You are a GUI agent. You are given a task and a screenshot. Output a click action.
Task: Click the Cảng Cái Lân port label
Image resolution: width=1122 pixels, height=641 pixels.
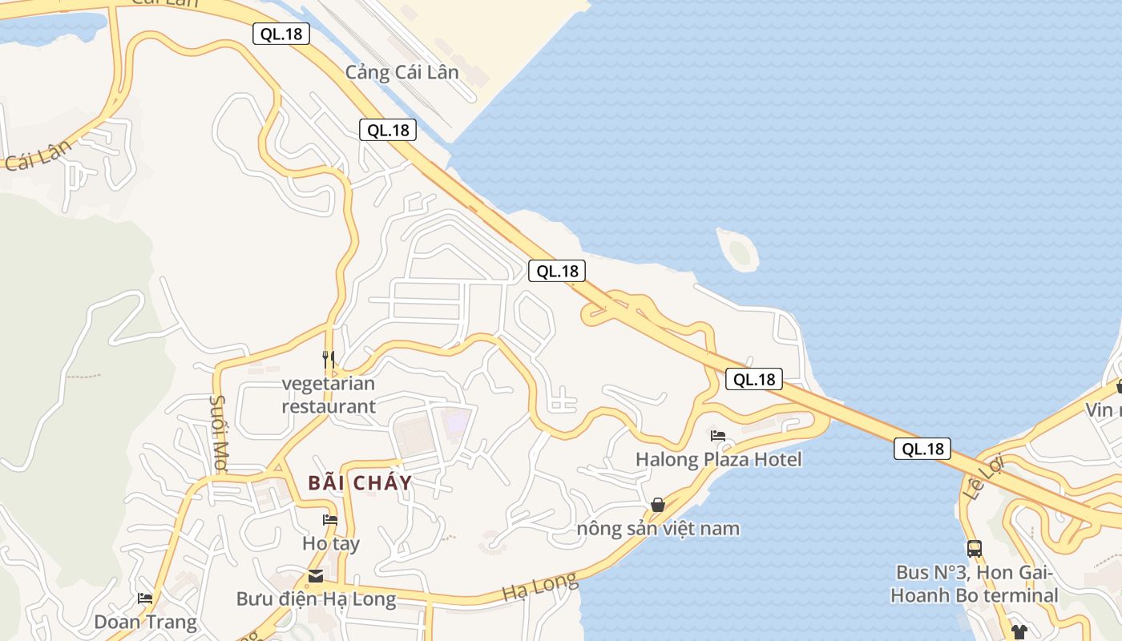402,72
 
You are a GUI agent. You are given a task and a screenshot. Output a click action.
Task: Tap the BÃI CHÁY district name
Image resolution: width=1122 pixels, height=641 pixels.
360,482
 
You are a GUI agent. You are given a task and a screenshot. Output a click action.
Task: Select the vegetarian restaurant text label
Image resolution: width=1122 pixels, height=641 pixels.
328,395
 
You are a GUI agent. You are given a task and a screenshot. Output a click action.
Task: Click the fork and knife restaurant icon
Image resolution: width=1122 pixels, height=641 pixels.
329,359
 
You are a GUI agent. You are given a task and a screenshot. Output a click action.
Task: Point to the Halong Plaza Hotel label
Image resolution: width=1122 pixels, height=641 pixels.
718,460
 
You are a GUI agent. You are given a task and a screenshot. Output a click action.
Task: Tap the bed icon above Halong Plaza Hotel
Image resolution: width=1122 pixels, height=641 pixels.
718,436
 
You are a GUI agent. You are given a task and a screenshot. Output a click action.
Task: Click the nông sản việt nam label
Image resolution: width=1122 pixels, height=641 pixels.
658,529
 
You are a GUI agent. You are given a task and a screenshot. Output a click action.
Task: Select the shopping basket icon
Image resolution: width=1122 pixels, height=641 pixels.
658,505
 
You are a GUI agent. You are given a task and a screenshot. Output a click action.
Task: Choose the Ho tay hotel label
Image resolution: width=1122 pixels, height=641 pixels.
330,543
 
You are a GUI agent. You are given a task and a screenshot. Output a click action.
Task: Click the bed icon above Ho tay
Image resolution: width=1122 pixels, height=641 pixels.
329,519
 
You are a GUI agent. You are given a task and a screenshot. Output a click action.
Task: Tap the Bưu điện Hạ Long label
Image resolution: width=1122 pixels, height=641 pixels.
316,599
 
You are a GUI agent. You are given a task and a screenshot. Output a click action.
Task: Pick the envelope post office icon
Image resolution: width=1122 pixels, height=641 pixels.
316,576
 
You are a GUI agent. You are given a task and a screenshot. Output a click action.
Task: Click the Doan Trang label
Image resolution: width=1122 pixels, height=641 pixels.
145,622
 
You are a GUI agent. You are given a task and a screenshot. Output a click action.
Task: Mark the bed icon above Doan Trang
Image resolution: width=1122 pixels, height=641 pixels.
145,599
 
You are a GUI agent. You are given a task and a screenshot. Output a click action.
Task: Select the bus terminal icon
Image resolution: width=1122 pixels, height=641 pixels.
975,549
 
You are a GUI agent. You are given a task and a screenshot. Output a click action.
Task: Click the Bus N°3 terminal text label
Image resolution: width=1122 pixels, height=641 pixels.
975,584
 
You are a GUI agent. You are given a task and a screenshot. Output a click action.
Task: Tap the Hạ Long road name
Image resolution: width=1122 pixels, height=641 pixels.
539,587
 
